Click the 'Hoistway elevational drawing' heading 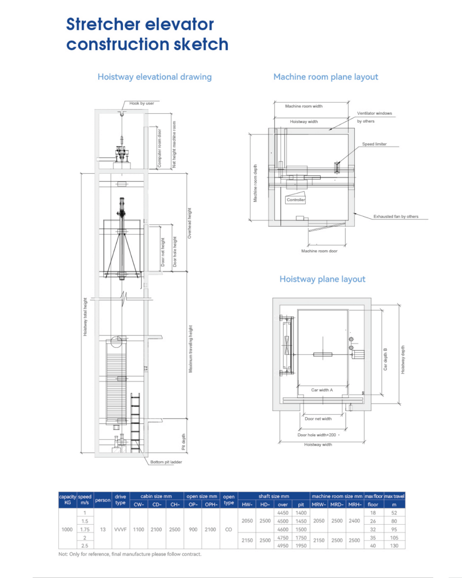coord(154,77)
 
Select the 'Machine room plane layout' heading coord(326,77)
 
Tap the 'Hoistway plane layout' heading coord(322,279)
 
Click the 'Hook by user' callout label coord(142,103)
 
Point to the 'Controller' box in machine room coord(296,200)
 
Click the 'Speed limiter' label coord(374,144)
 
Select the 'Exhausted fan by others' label coord(396,217)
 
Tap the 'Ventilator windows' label coord(374,113)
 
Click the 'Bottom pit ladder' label coord(166,462)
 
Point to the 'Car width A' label coord(322,390)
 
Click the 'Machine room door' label coord(319,251)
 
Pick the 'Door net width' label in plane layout coord(318,419)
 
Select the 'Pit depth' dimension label coord(184,442)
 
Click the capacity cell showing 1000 coord(67,530)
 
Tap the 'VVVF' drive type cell coord(120,530)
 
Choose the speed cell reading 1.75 coord(85,530)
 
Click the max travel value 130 coord(394,546)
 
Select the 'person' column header coord(103,500)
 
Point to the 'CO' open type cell coord(228,530)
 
